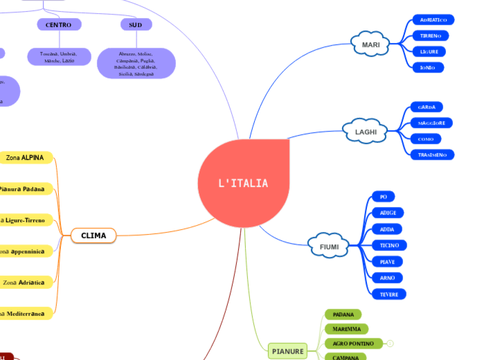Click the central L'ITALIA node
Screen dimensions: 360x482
[x=243, y=183]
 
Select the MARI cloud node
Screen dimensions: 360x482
[x=371, y=45]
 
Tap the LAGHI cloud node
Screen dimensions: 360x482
[x=366, y=132]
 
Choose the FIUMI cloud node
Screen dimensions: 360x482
[x=329, y=246]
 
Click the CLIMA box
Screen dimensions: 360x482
[x=93, y=235]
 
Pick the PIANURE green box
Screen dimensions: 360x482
[x=287, y=352]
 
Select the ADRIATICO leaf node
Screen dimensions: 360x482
[x=433, y=19]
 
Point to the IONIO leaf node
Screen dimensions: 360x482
[x=427, y=67]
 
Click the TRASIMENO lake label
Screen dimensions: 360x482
[x=432, y=154]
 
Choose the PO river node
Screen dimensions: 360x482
[x=383, y=197]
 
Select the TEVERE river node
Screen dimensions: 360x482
[x=389, y=294]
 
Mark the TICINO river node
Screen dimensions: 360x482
[x=389, y=245]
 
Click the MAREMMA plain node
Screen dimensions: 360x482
[x=346, y=329]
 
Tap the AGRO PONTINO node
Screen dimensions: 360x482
[x=352, y=343]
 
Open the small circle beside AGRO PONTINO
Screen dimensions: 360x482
[x=391, y=343]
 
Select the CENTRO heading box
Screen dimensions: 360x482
[x=59, y=25]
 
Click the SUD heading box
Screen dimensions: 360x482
[x=136, y=25]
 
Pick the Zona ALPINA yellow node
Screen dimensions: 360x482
[x=25, y=158]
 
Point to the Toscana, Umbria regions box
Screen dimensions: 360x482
[x=59, y=57]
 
